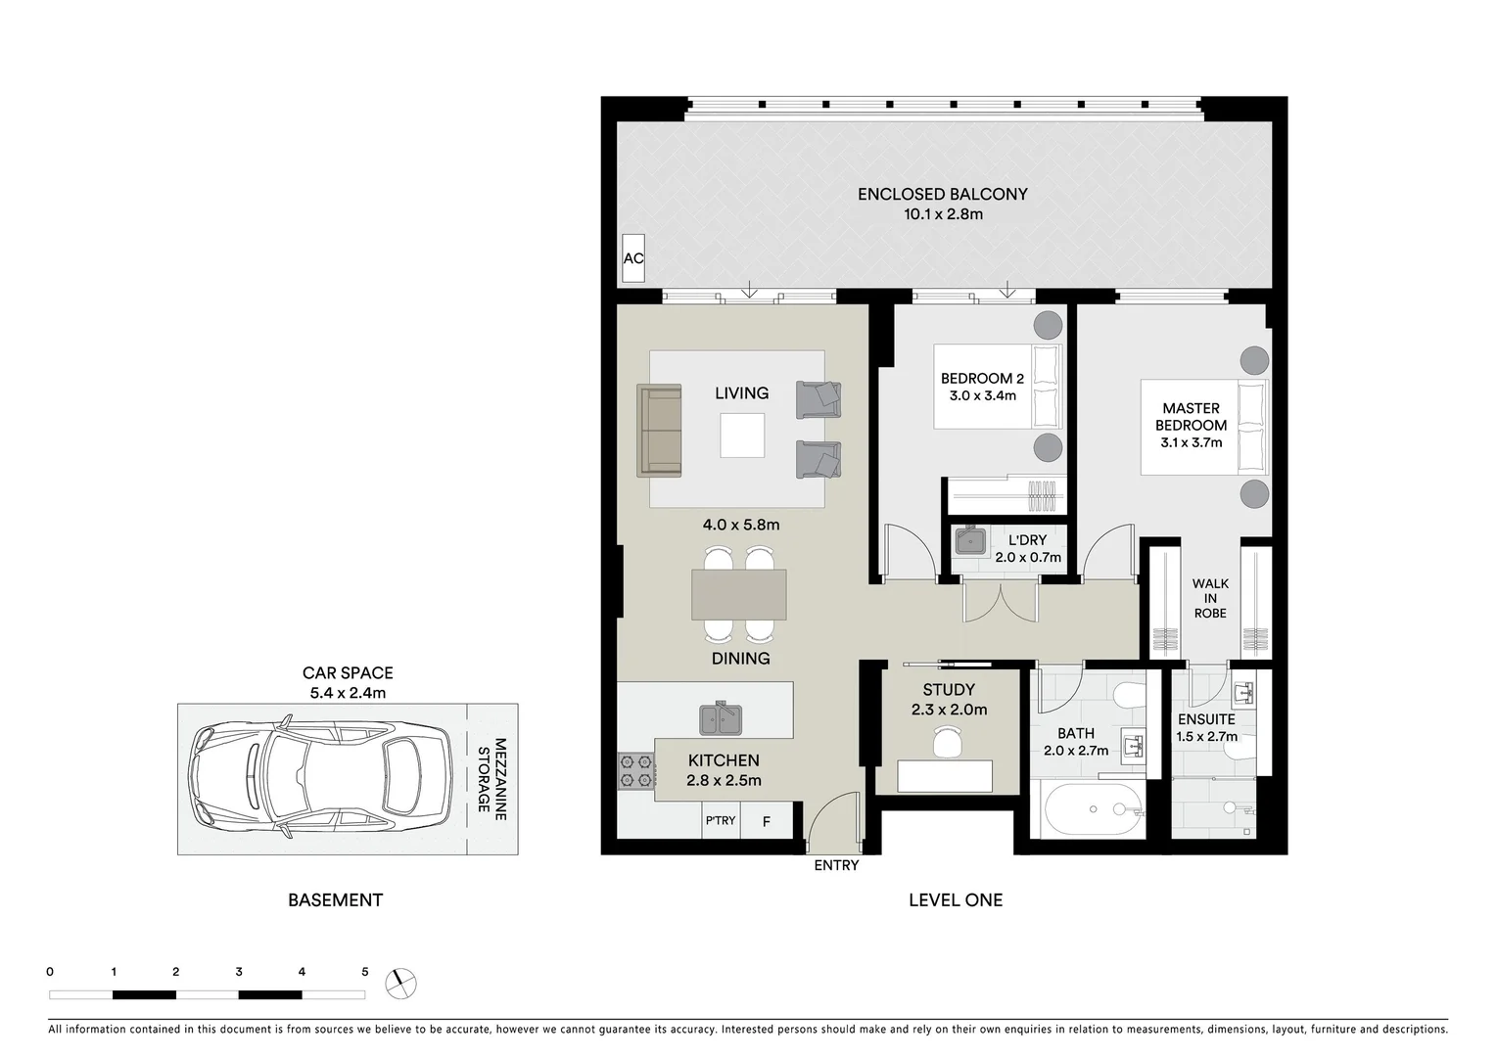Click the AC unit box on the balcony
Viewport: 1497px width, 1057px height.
click(x=633, y=258)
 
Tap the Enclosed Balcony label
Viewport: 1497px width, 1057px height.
click(x=942, y=194)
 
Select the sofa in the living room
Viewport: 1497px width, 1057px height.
click(x=659, y=431)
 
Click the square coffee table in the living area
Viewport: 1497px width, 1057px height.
click(x=742, y=436)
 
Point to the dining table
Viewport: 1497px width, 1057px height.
click(x=738, y=594)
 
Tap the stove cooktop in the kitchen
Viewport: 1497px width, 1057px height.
click(x=635, y=770)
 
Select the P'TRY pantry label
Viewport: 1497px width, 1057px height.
click(x=721, y=820)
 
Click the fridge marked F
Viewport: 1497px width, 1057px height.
click(x=766, y=821)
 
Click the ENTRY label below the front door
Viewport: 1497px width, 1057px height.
click(x=836, y=865)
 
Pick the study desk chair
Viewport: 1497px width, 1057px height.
click(x=947, y=743)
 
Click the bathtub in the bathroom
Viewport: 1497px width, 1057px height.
click(x=1094, y=810)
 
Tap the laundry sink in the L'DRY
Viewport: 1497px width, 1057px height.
click(x=971, y=541)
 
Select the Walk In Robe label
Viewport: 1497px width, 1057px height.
click(x=1210, y=598)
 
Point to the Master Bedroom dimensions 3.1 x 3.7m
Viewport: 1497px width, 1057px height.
click(x=1191, y=442)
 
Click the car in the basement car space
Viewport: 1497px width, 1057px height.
click(x=322, y=779)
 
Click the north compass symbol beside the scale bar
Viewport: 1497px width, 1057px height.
click(x=400, y=983)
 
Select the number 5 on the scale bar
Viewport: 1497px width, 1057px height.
click(x=365, y=972)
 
